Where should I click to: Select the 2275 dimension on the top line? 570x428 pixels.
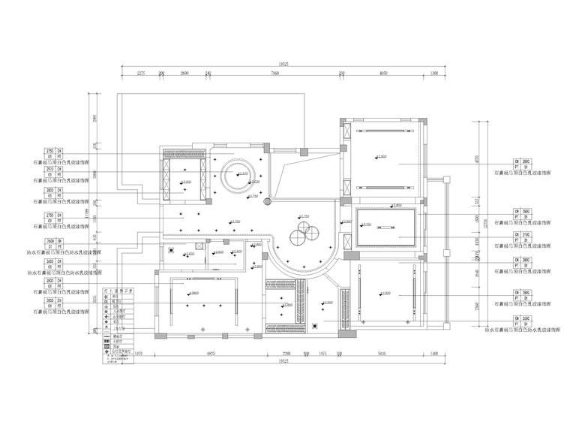(140, 74)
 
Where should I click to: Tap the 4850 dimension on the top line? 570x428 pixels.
(382, 74)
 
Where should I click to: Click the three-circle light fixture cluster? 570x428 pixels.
(303, 235)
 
